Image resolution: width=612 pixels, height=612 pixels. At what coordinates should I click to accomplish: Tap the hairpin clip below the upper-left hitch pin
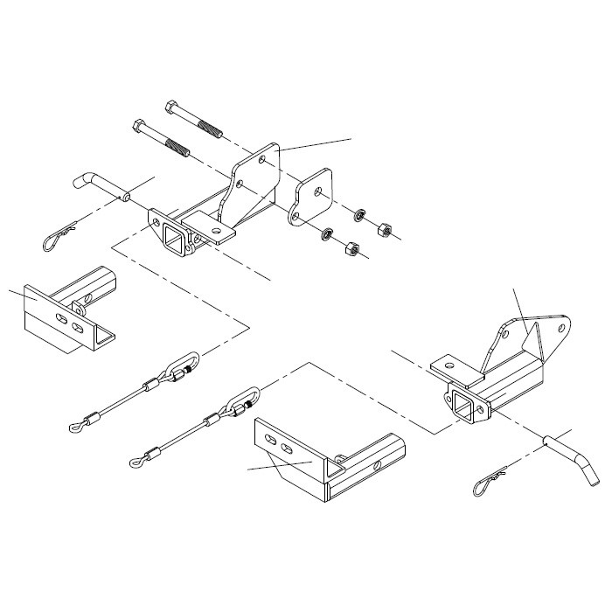coord(59,233)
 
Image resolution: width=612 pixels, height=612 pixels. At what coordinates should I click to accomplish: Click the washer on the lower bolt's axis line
coord(325,233)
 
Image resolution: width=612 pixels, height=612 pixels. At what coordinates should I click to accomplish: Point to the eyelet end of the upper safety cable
coord(73,427)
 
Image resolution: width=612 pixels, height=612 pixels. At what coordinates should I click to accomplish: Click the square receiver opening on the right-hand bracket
coord(462,405)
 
